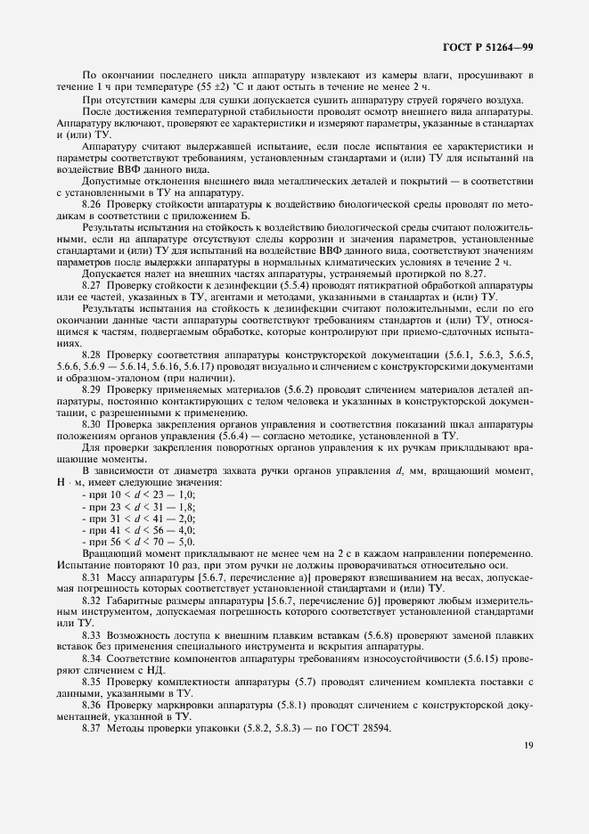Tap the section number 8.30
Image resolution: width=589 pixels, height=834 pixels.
[92, 447]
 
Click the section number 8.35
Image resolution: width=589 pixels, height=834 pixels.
[92, 680]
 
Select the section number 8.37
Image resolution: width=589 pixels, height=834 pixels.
[92, 727]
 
